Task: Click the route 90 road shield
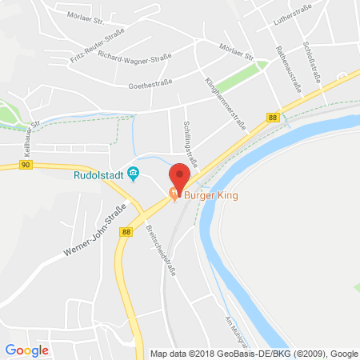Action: (26, 165)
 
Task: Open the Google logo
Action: (26, 350)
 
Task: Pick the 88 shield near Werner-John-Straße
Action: (126, 232)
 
